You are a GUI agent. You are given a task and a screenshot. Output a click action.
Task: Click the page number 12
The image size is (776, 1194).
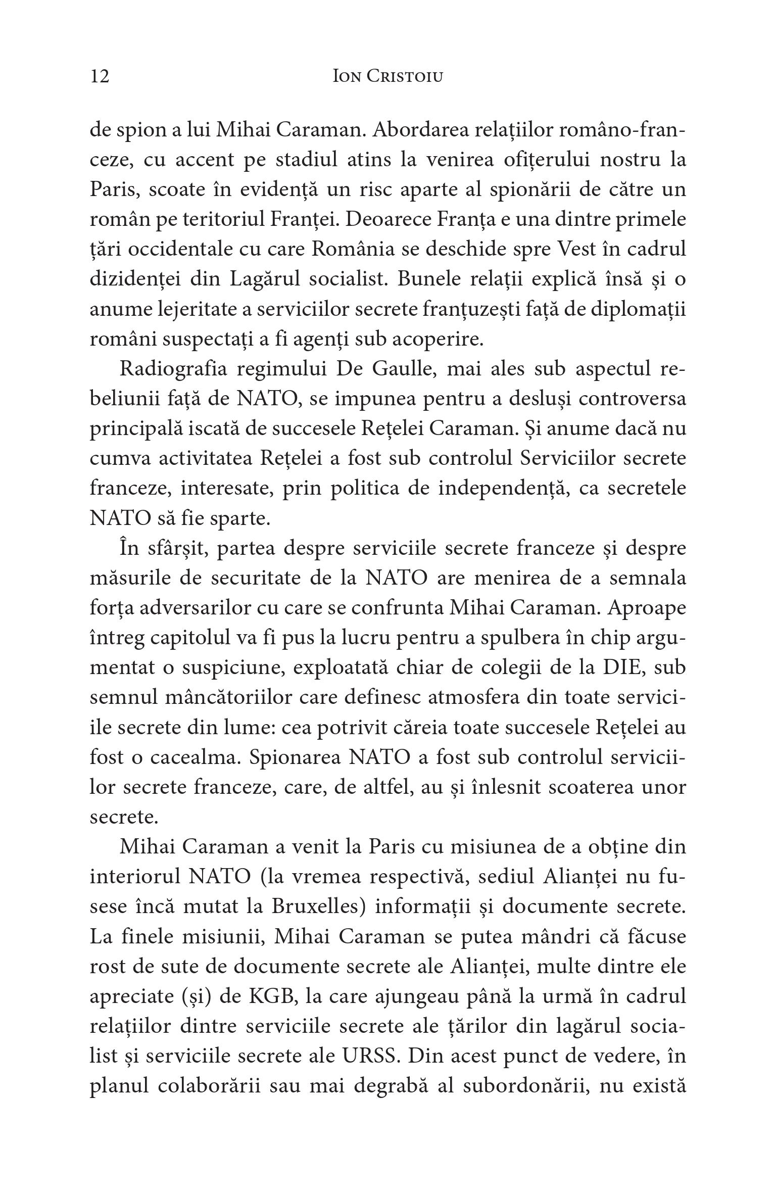[100, 76]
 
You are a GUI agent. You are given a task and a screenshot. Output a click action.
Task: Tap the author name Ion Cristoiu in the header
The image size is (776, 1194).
[388, 76]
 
